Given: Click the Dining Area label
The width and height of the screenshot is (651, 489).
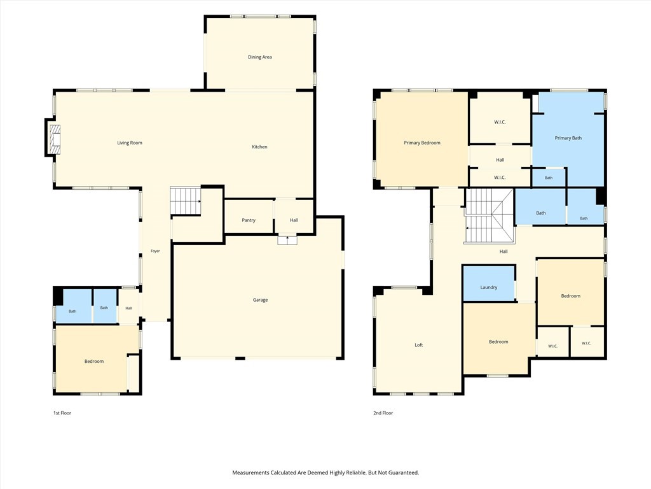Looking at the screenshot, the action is [260, 57].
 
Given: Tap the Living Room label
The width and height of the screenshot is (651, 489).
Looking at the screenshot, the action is [130, 143].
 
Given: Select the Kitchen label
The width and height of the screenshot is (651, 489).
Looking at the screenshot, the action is [259, 147].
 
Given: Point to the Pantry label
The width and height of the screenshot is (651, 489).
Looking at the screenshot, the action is [249, 220].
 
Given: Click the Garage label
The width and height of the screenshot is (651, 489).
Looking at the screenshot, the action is [260, 300].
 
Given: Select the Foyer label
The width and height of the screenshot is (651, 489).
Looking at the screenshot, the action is [155, 251].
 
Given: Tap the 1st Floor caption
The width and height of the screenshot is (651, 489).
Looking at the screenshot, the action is [62, 413].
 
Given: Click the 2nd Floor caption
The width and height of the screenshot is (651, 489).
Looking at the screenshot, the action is [383, 413].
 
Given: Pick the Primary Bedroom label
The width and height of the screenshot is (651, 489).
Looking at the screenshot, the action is [422, 143].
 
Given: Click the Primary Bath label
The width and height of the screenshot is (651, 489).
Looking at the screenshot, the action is [568, 138].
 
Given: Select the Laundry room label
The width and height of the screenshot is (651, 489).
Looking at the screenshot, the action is [489, 287].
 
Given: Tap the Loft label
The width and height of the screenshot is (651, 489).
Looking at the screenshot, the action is [419, 344].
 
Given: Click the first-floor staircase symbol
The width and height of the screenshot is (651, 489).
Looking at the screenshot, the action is [186, 201].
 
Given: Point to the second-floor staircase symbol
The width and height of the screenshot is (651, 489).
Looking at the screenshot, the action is [489, 216].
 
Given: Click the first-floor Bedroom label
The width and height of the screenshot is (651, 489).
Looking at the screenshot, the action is [94, 362].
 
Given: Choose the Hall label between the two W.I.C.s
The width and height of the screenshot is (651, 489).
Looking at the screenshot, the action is [500, 160].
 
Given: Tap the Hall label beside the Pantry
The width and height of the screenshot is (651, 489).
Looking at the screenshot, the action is [294, 220].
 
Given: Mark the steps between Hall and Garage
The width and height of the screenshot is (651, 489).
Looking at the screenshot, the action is [287, 240].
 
